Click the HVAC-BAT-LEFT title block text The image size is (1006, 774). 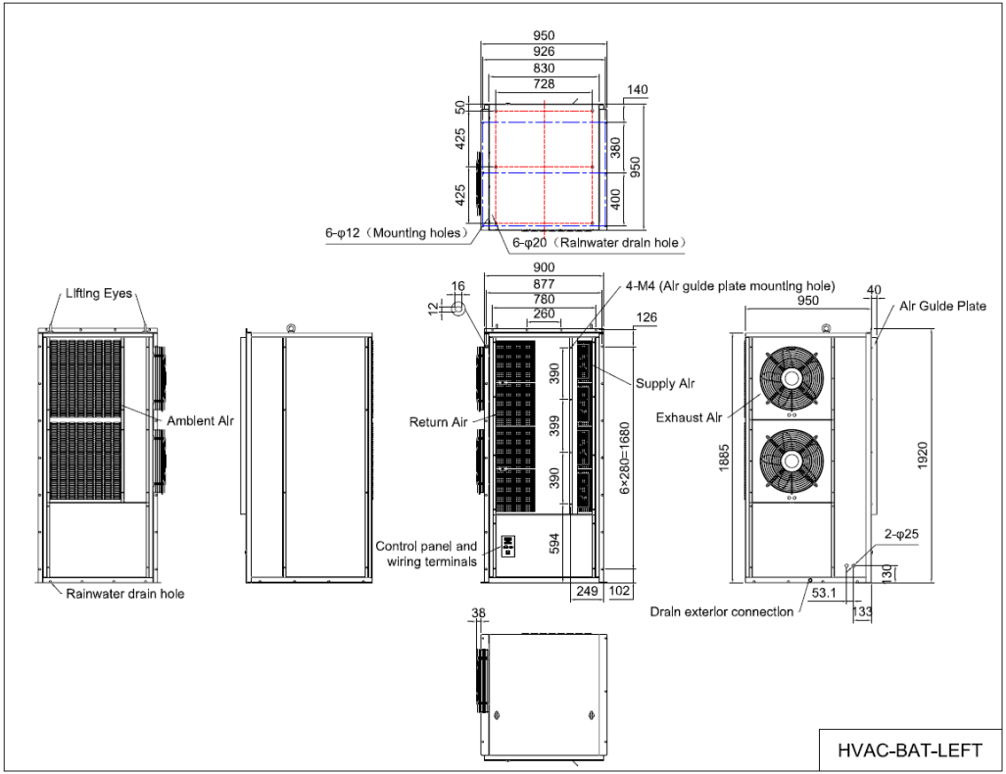click(909, 750)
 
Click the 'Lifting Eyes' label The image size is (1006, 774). click(99, 293)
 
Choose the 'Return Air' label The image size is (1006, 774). click(438, 423)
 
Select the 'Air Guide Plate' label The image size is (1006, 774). click(942, 307)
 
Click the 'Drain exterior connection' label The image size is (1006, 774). click(721, 612)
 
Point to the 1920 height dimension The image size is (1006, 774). click(922, 455)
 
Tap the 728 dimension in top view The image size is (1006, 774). click(544, 86)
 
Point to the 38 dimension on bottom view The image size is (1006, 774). click(478, 614)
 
